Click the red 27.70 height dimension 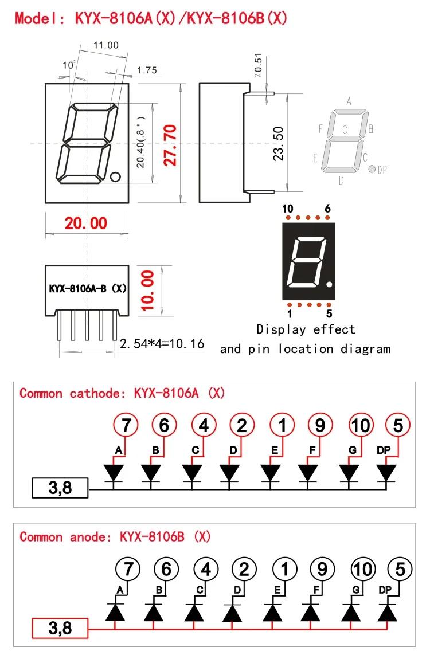[x=170, y=145]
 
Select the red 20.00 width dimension [x=86, y=223]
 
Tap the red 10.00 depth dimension [x=147, y=291]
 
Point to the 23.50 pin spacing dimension [x=278, y=144]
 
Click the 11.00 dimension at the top [x=106, y=45]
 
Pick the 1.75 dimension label [x=147, y=70]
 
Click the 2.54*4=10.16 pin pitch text [x=162, y=344]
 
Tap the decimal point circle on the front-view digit [x=115, y=176]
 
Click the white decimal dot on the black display [x=330, y=285]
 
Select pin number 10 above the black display [x=287, y=209]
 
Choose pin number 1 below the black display [x=290, y=313]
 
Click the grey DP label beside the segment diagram [x=382, y=170]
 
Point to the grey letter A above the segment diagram [x=349, y=101]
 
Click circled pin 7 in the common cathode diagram [x=126, y=425]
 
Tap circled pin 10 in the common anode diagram [x=363, y=569]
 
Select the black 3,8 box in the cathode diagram [x=60, y=488]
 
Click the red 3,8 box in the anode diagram [x=60, y=628]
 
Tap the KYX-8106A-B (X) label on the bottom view [x=88, y=288]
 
